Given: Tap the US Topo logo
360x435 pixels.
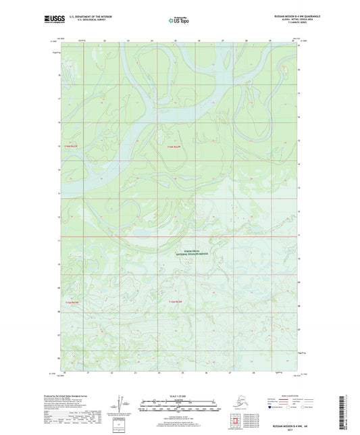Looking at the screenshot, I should click(178, 20).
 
